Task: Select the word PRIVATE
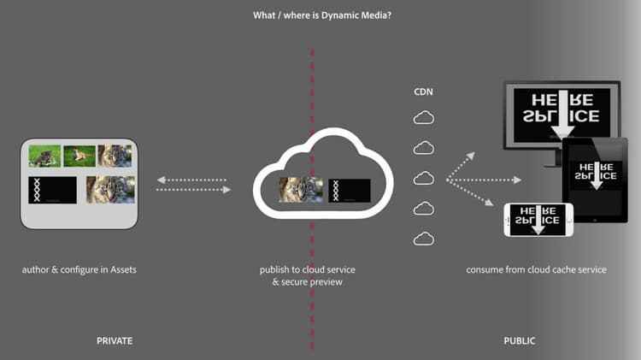click(x=115, y=341)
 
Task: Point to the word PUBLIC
click(x=520, y=341)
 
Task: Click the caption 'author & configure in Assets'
click(x=79, y=270)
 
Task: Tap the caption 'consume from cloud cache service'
click(x=536, y=270)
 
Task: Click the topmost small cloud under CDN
click(x=424, y=118)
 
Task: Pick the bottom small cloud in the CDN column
click(x=424, y=239)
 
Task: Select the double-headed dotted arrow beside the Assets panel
click(x=194, y=185)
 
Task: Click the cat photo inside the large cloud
click(x=299, y=190)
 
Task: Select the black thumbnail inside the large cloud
click(x=349, y=191)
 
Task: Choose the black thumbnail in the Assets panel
click(x=52, y=189)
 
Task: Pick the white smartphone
click(x=538, y=220)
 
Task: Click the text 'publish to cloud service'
click(x=307, y=270)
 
